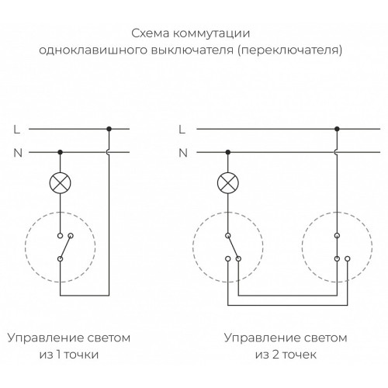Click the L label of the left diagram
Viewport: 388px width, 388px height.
(x=17, y=130)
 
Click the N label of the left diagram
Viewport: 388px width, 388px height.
(x=18, y=153)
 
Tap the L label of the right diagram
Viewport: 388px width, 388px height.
(x=182, y=130)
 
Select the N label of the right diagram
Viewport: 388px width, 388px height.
(x=183, y=153)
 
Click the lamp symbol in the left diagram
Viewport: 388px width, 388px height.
(x=60, y=183)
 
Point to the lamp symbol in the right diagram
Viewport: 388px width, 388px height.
(x=228, y=183)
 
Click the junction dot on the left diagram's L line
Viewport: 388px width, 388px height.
(x=109, y=129)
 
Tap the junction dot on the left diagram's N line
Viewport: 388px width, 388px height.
(x=60, y=152)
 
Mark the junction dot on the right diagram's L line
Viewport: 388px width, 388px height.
(x=337, y=129)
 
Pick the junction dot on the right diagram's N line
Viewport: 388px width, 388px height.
(x=228, y=152)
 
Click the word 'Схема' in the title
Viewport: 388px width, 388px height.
(x=151, y=33)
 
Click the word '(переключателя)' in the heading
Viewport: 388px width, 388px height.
(x=290, y=50)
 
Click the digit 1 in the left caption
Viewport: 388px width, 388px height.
(x=58, y=354)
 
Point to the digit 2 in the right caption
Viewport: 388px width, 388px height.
(x=275, y=354)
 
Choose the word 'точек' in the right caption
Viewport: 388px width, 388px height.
(x=300, y=355)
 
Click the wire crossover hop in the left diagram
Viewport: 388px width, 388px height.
(x=108, y=152)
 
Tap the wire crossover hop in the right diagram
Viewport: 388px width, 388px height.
(x=336, y=152)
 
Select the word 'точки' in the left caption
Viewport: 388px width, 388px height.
(x=81, y=355)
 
